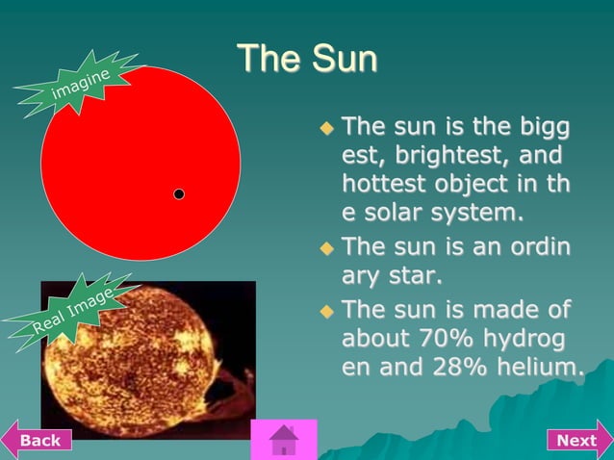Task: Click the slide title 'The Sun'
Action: (307, 59)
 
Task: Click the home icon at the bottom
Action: (284, 440)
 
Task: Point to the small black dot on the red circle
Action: (179, 194)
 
